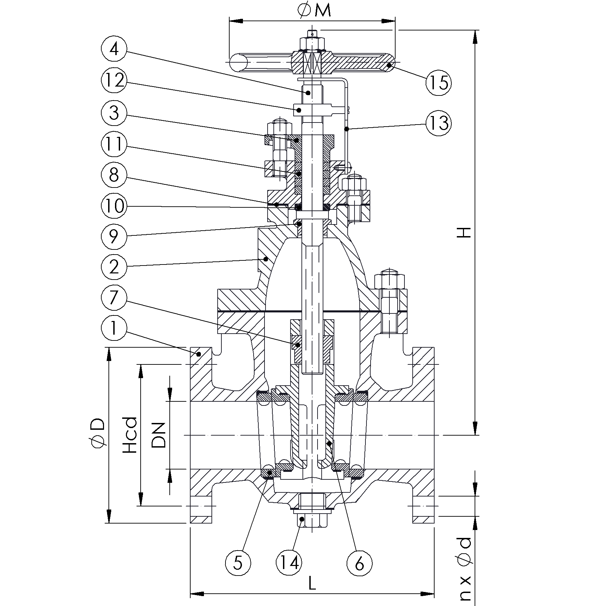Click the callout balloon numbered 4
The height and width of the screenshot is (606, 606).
pyautogui.click(x=114, y=49)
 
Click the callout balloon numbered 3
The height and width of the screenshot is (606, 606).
pyautogui.click(x=114, y=113)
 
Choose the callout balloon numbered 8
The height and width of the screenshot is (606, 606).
pyautogui.click(x=114, y=175)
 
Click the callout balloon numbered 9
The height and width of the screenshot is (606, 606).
pyautogui.click(x=114, y=236)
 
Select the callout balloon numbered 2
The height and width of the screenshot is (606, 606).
pyautogui.click(x=114, y=267)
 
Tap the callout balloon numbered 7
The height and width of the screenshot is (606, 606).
pyautogui.click(x=114, y=297)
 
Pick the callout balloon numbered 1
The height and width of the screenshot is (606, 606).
pyautogui.click(x=114, y=328)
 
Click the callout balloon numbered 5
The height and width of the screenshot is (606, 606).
pyautogui.click(x=238, y=563)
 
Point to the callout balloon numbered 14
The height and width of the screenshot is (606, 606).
pyautogui.click(x=289, y=563)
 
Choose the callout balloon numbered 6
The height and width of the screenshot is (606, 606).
pyautogui.click(x=360, y=563)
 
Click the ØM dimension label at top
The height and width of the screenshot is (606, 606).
pyautogui.click(x=314, y=11)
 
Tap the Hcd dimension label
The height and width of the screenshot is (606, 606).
pyautogui.click(x=130, y=435)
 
